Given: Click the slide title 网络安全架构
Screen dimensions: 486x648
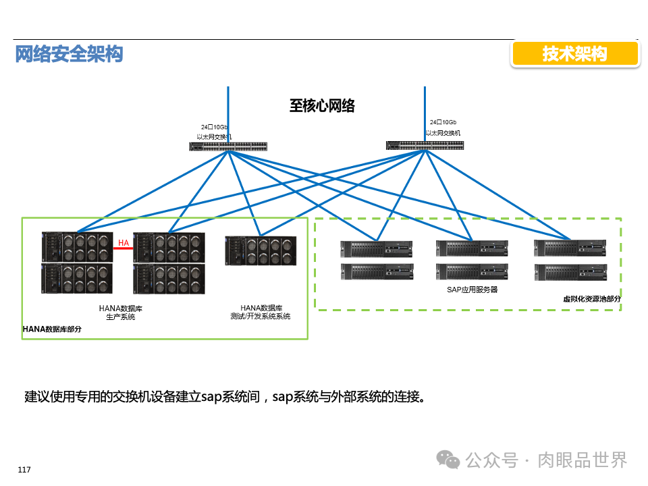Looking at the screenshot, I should tap(69, 54).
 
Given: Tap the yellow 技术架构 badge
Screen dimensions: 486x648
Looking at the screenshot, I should tap(574, 54).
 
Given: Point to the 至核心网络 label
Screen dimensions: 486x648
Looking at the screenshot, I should tap(322, 105).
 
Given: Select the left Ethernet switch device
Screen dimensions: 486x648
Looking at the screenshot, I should tap(228, 146).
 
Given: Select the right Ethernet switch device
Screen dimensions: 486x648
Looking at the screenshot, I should tap(425, 145).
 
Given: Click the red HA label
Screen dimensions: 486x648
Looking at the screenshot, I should tap(124, 242).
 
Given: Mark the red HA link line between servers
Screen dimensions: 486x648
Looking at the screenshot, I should tap(123, 248).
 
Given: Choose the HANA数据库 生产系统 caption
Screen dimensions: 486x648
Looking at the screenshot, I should tap(121, 313).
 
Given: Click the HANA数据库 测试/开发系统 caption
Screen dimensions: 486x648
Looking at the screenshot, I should tap(260, 312).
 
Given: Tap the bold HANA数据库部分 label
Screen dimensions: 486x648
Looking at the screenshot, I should tap(52, 329).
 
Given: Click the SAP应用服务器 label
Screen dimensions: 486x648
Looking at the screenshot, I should tap(472, 290).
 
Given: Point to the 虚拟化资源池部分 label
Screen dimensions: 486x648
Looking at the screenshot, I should tap(592, 298).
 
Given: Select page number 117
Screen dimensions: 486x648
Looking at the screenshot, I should tap(24, 470).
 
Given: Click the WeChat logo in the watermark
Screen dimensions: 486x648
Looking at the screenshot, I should tap(449, 460).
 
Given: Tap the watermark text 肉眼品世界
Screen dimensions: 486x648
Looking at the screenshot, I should tap(583, 460).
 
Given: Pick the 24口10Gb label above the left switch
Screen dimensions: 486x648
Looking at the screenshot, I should tap(214, 127).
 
